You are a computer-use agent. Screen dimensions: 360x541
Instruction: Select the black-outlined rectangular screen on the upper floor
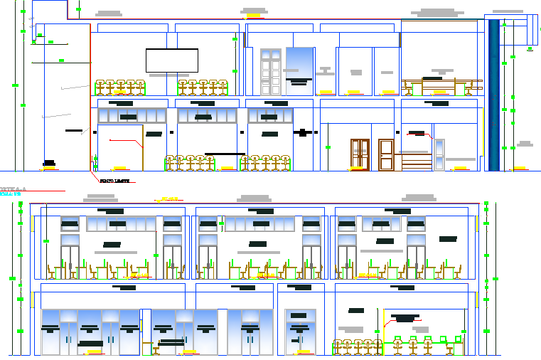171,60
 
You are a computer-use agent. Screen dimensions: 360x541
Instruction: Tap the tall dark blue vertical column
493,95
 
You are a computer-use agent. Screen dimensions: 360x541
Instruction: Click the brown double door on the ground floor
360,154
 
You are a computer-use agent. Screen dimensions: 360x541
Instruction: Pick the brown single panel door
386,154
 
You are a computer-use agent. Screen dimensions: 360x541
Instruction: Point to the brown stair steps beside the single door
415,162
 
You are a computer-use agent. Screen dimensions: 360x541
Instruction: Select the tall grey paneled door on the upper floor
271,72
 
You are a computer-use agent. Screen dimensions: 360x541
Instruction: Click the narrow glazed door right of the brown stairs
439,154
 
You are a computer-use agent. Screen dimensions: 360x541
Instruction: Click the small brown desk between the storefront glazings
154,348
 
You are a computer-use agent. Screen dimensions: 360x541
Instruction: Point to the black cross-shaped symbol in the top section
304,132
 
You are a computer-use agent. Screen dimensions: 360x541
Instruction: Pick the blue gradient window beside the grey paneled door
299,66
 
